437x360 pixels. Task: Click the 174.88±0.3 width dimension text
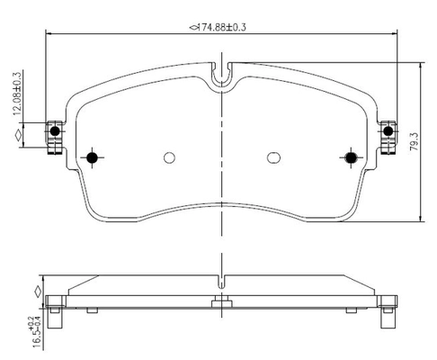218,28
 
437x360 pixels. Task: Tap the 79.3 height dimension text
415,141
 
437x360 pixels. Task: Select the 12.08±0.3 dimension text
17,94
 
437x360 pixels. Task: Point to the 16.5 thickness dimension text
37,333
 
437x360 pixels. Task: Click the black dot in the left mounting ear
55,131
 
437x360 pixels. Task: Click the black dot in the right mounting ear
388,131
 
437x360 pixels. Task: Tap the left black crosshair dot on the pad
92,157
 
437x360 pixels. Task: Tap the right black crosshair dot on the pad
351,157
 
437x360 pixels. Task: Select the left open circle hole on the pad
169,157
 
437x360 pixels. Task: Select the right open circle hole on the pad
273,157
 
